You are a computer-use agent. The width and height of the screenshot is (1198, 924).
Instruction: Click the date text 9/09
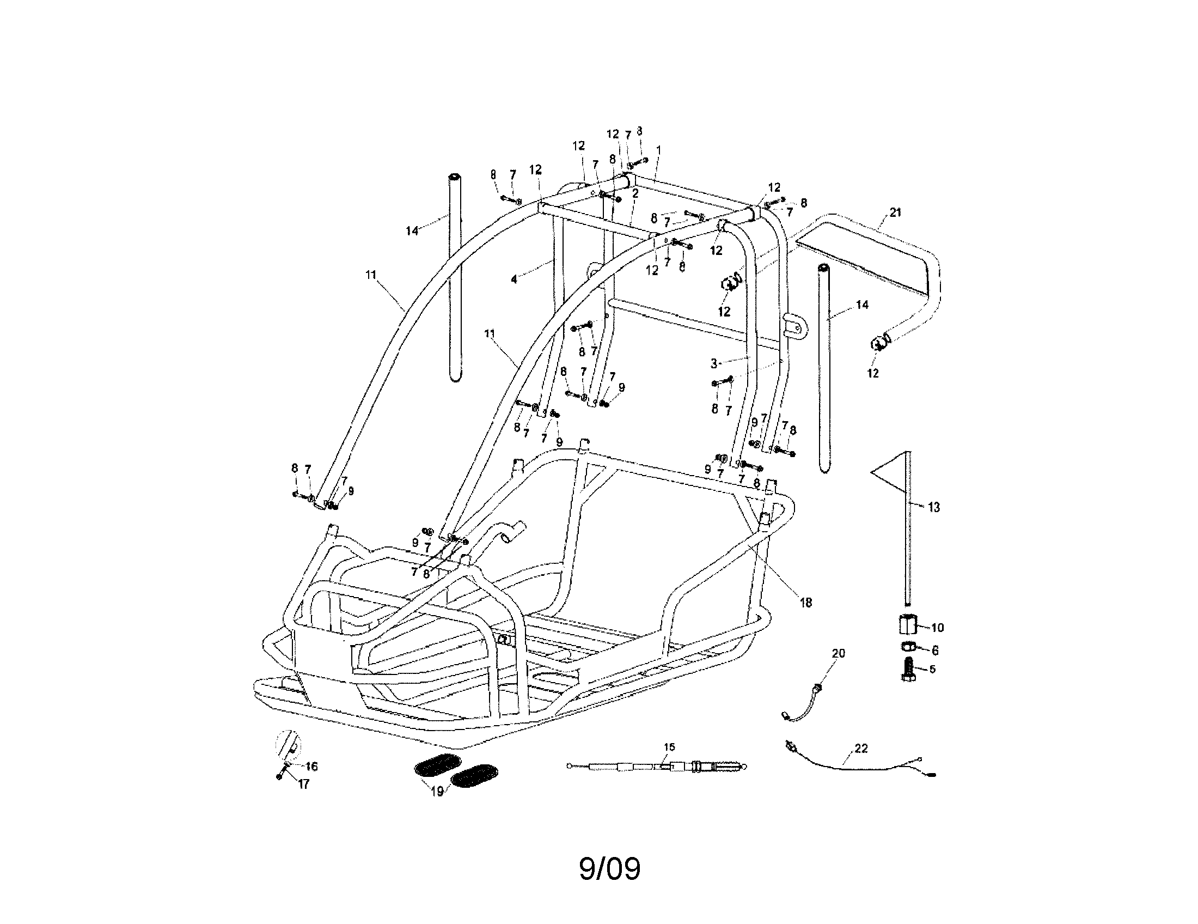(x=609, y=868)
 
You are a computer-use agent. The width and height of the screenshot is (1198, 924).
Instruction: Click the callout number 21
(x=895, y=212)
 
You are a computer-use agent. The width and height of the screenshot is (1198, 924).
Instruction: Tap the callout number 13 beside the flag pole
(x=933, y=508)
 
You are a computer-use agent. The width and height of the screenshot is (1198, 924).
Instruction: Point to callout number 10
(x=937, y=627)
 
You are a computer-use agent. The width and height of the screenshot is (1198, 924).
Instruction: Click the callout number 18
(x=805, y=603)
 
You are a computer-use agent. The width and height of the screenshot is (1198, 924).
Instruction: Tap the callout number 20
(x=839, y=653)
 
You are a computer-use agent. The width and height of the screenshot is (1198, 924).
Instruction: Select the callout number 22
(x=861, y=749)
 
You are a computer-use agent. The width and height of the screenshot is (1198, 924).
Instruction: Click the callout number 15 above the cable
(x=669, y=747)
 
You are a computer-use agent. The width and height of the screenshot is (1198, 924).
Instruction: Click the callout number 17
(x=303, y=784)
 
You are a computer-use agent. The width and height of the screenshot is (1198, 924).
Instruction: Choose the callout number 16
(x=311, y=766)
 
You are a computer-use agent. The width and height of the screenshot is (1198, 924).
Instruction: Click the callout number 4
(x=514, y=279)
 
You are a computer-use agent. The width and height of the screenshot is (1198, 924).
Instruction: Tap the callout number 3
(x=714, y=363)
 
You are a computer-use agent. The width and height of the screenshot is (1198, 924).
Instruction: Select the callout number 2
(x=635, y=194)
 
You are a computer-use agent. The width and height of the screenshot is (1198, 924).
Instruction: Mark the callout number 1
(x=658, y=150)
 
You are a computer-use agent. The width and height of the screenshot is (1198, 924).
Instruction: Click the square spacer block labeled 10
(x=908, y=625)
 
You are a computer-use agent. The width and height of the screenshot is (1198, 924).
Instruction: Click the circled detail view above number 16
(x=288, y=745)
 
